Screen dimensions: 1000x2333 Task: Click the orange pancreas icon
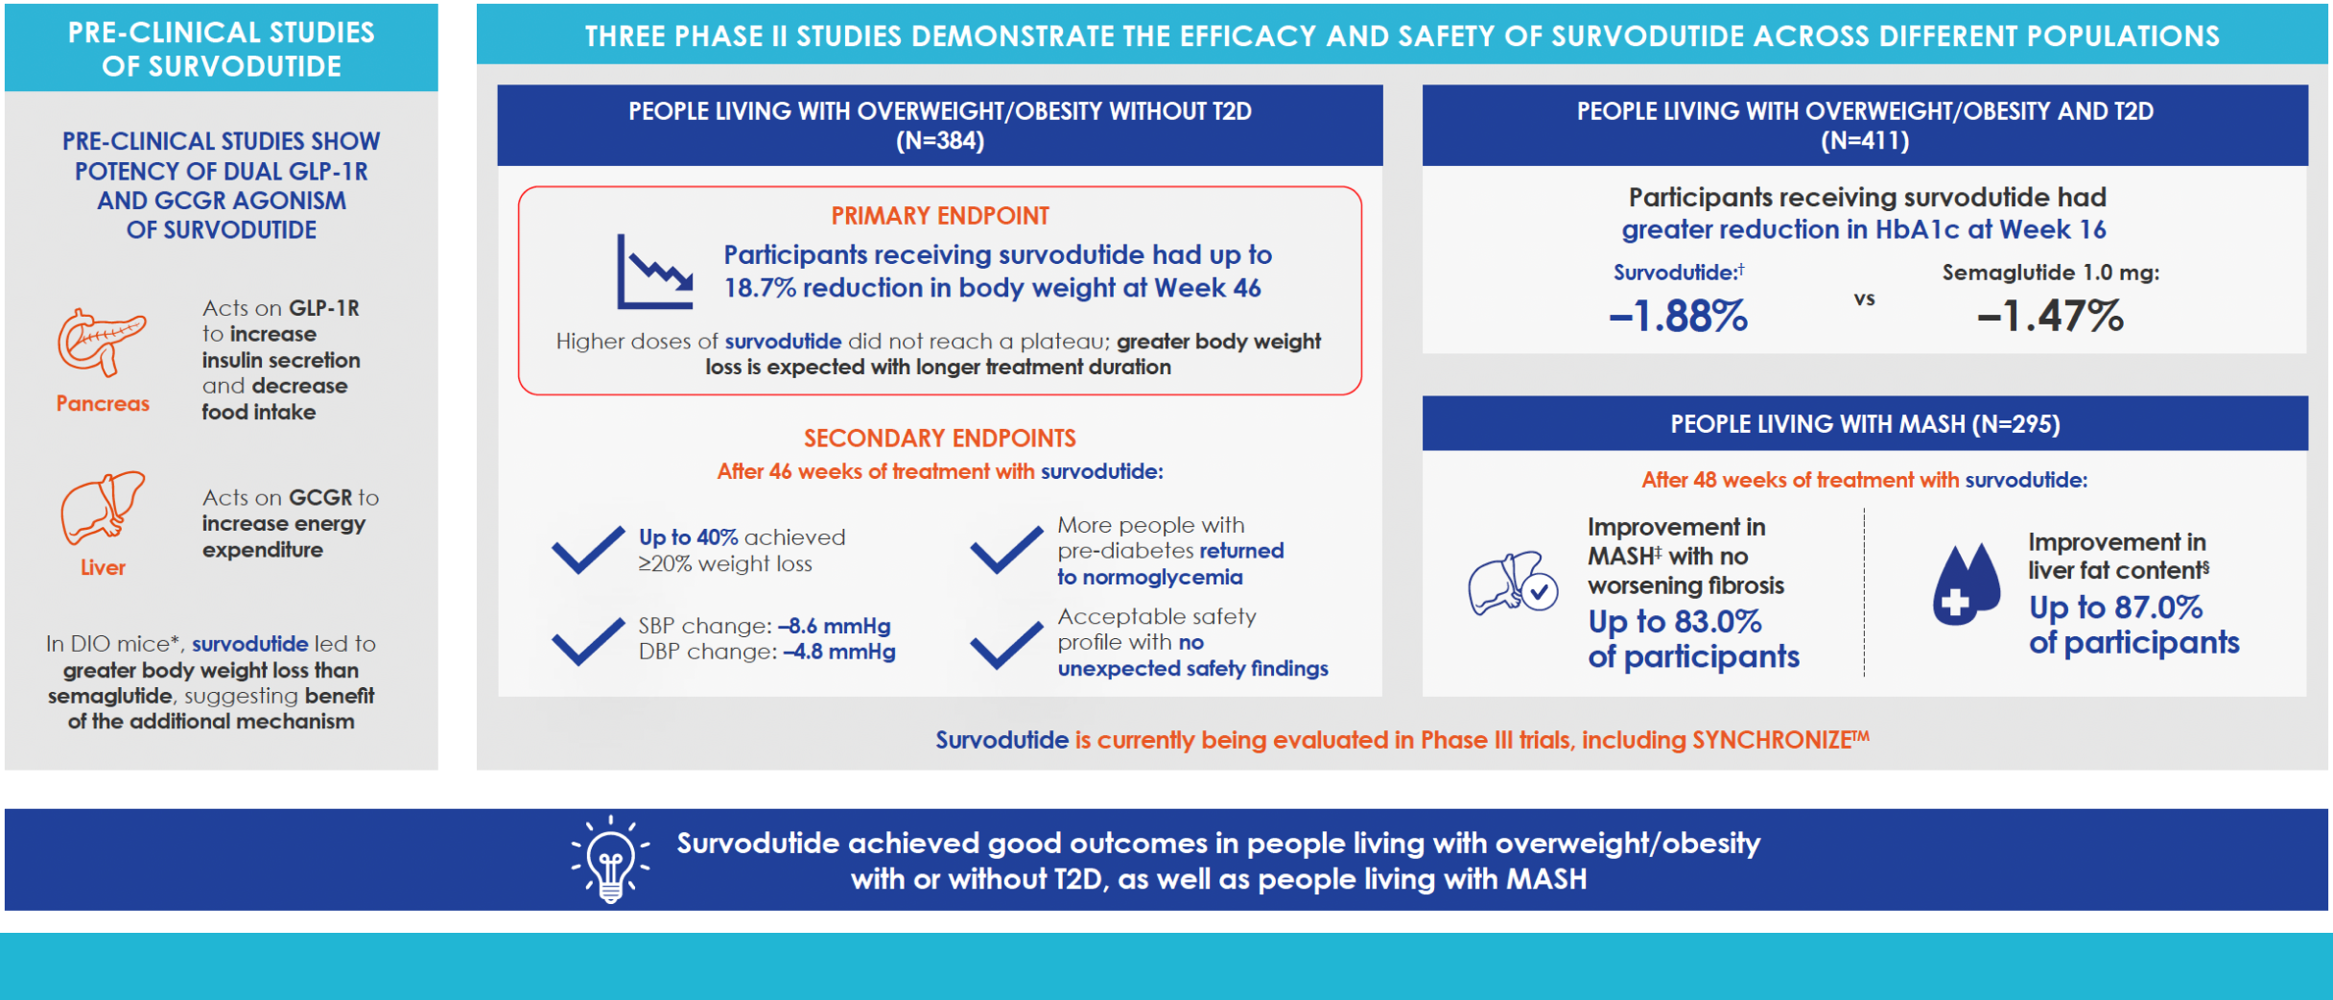point(101,343)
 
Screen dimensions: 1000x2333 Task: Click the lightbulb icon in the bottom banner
point(611,859)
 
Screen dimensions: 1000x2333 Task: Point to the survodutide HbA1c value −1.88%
point(1678,316)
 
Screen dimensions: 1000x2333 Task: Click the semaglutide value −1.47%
point(2050,316)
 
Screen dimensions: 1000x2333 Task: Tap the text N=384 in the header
point(940,141)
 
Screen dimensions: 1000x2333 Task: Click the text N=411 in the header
point(1865,141)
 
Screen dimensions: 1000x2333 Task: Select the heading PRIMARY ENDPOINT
point(940,216)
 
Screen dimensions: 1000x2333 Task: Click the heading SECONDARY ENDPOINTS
point(940,439)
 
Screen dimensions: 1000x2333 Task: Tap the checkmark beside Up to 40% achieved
point(587,550)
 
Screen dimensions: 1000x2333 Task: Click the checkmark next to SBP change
point(587,640)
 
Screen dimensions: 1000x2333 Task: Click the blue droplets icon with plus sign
point(1966,584)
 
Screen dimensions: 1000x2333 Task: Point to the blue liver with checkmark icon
point(1513,583)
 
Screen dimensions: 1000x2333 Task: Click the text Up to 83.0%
point(1675,622)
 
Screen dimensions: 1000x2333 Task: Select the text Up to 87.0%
point(2115,607)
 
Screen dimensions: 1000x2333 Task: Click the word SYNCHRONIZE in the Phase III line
point(1771,740)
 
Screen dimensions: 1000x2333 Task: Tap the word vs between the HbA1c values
point(1864,299)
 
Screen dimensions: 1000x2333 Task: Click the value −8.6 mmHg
point(835,626)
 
